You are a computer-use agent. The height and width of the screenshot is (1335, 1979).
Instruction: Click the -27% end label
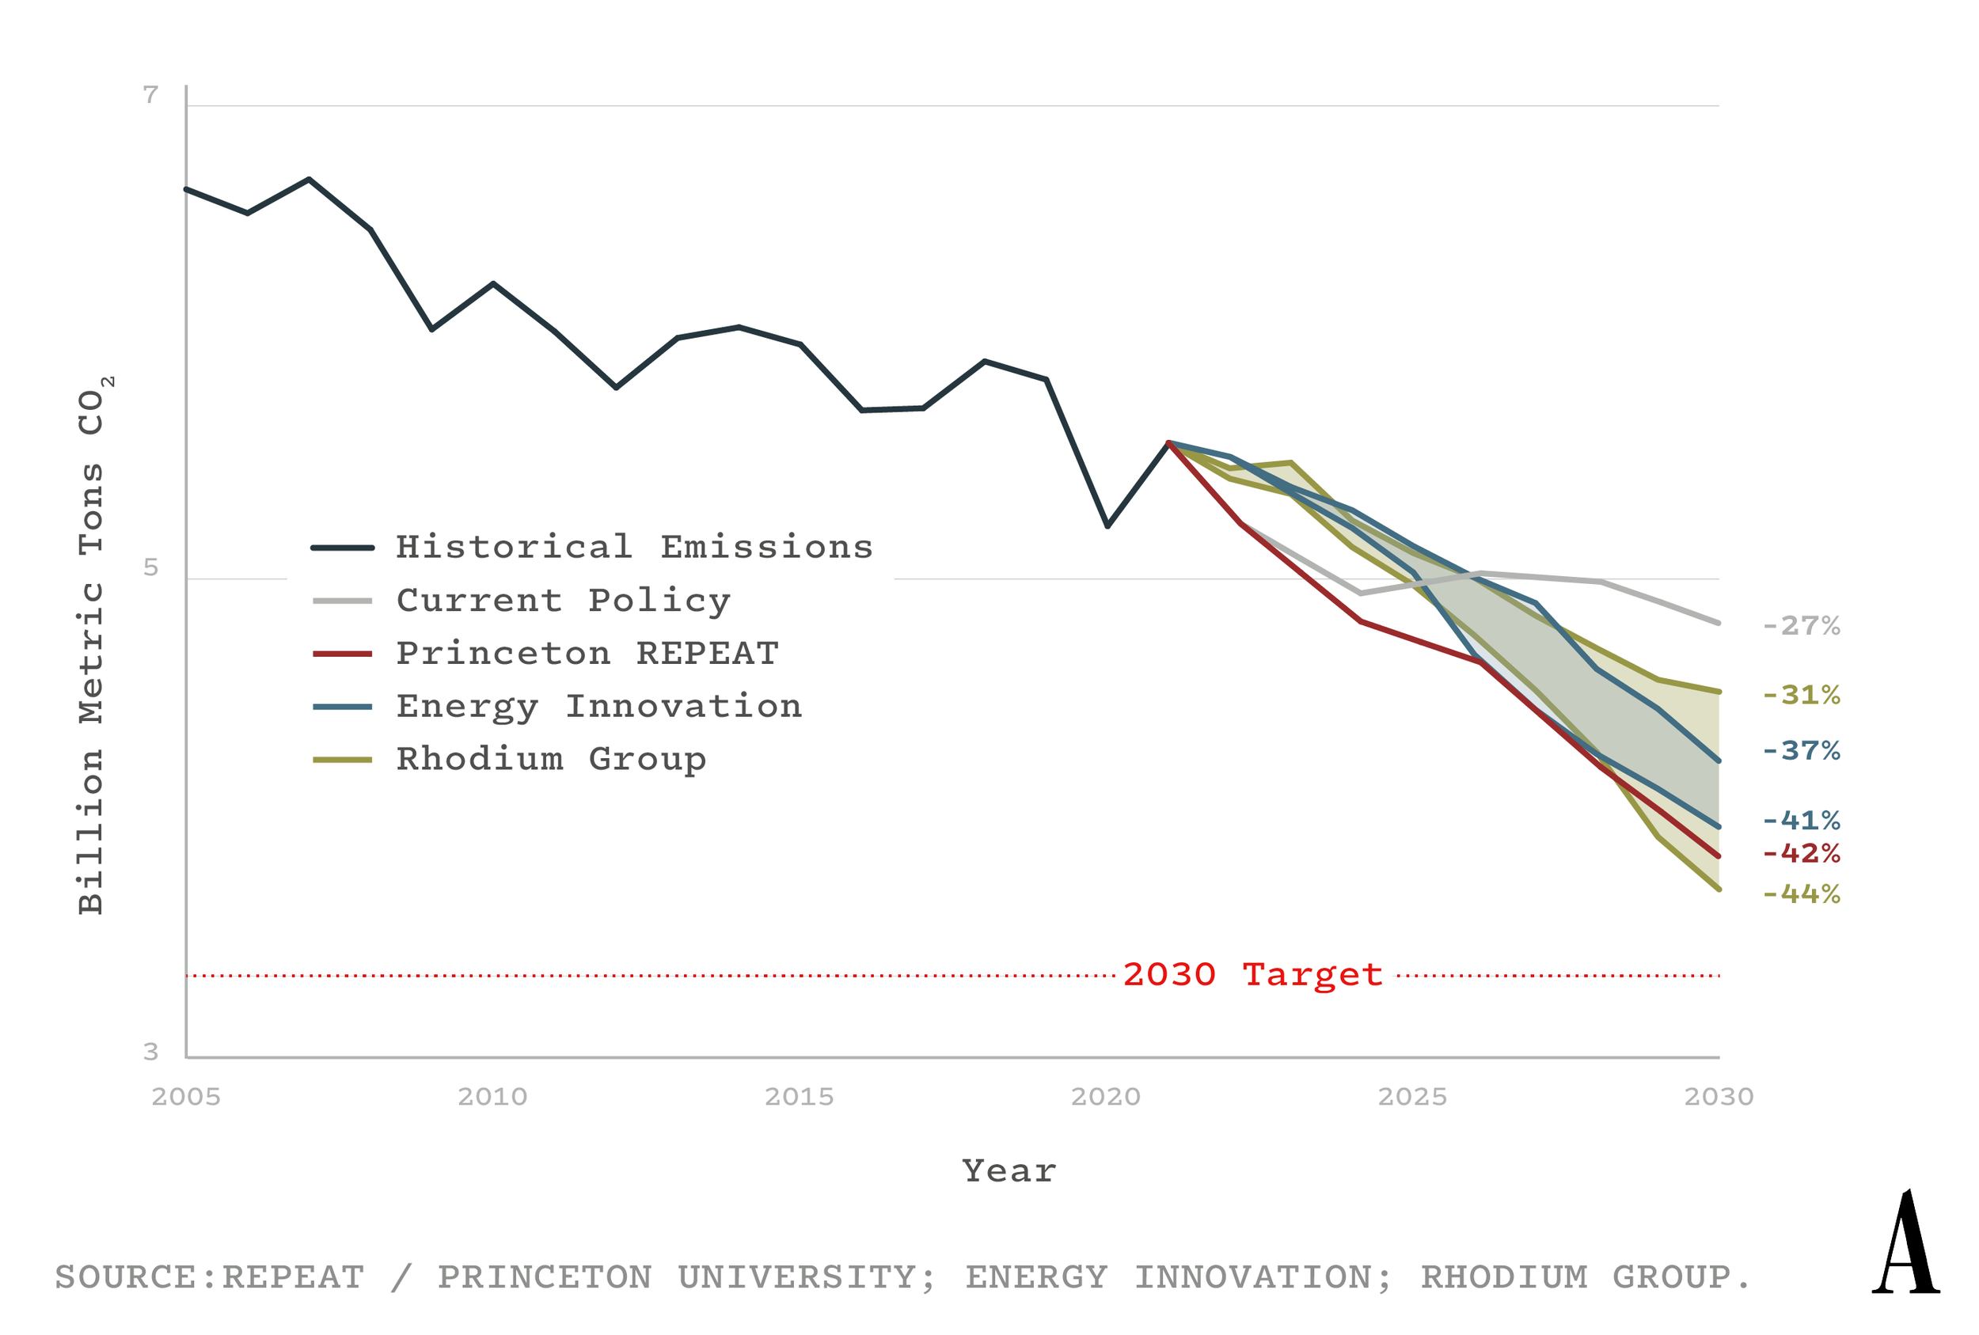(1800, 627)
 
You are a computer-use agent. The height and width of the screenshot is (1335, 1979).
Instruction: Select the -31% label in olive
(1800, 696)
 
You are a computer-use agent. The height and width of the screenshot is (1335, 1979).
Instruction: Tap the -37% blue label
(1800, 751)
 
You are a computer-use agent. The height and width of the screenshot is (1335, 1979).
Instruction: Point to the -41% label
(1800, 821)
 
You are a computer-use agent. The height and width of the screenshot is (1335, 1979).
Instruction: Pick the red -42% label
(1800, 854)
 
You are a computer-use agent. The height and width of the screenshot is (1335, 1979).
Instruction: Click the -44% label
(1800, 895)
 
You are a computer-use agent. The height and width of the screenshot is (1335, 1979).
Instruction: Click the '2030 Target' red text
(1252, 975)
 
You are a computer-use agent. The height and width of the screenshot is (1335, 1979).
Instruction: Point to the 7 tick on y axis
(150, 95)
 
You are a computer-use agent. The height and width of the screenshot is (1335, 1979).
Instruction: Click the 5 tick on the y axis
(150, 568)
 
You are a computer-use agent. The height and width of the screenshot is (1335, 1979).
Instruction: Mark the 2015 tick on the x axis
(799, 1098)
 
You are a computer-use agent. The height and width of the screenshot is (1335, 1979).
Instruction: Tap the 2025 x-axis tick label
(1412, 1098)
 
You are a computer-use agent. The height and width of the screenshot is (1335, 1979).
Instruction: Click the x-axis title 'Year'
(1009, 1171)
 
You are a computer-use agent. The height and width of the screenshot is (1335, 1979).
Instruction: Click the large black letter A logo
(1905, 1242)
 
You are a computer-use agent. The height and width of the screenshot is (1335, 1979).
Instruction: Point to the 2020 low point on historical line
(1107, 526)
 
